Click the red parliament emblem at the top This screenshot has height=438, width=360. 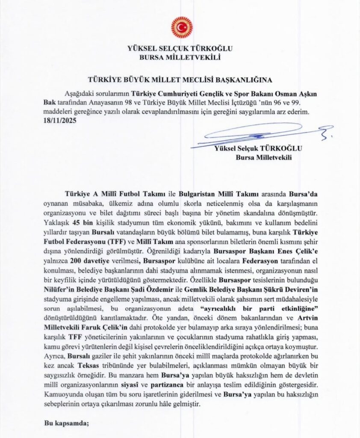pyautogui.click(x=181, y=27)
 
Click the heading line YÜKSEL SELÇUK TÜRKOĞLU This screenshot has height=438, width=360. pyautogui.click(x=180, y=48)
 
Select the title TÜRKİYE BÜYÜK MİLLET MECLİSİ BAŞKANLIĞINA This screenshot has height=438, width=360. pyautogui.click(x=180, y=80)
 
